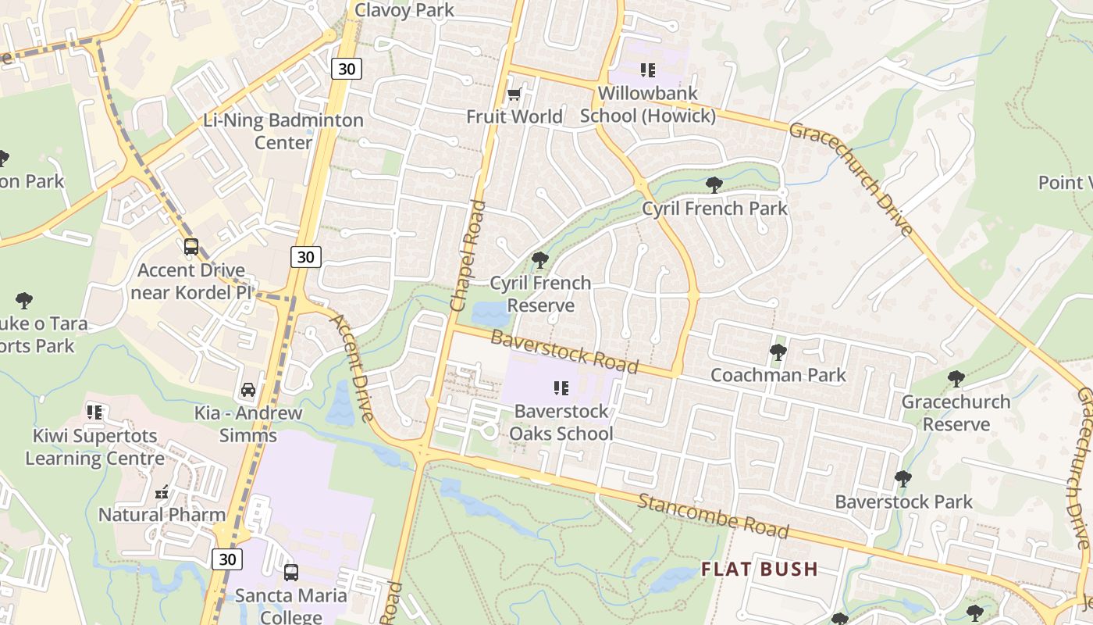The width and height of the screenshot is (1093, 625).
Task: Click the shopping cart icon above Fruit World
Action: pos(514,95)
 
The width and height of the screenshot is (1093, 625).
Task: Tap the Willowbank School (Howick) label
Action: pos(648,105)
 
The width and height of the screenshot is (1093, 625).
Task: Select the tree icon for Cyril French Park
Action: pos(714,185)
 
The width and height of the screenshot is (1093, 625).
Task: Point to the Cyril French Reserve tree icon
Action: pos(539,259)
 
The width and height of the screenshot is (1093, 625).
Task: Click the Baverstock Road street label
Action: pos(564,352)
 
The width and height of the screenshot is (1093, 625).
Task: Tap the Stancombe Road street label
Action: pos(712,516)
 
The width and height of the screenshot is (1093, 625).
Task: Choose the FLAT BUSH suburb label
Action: pos(759,569)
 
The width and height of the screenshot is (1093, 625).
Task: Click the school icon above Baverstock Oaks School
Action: pos(561,387)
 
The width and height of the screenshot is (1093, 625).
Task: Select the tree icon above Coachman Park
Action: pos(778,352)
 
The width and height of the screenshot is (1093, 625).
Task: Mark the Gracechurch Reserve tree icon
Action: pos(956,379)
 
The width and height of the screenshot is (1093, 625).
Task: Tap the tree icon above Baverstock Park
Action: pos(903,478)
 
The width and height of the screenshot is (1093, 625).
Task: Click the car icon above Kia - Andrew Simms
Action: pos(248,390)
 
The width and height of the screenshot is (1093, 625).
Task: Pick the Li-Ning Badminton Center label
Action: pos(283,131)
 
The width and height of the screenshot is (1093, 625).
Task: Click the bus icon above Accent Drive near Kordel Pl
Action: pos(191,247)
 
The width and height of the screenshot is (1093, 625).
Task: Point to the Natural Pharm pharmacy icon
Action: pos(162,492)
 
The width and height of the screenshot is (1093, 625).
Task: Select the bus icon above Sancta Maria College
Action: pos(291,572)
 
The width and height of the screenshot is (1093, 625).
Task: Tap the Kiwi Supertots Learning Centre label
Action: pos(94,447)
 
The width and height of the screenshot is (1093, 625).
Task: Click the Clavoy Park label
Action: pos(404,10)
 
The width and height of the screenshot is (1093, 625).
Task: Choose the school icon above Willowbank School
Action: pos(647,70)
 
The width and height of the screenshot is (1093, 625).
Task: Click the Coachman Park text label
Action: pos(778,375)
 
